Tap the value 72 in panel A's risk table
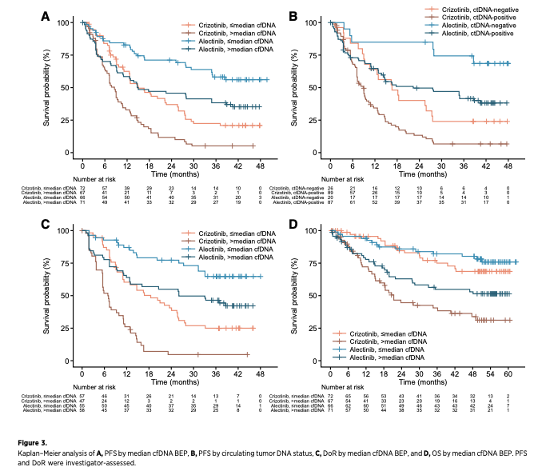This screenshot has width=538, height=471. point(82,186)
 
